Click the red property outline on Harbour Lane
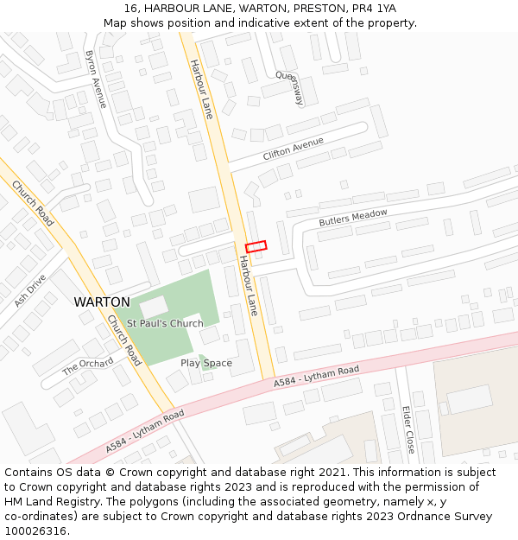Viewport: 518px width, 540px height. tap(256, 246)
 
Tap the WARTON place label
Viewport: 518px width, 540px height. tap(102, 302)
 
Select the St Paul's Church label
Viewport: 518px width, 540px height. tap(165, 323)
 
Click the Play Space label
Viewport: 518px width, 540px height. tap(206, 363)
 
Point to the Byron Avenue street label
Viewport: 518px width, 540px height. tap(96, 79)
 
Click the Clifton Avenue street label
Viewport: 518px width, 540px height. tap(294, 149)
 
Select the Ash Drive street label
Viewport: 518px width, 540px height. tap(30, 290)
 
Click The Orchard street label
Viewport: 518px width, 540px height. tap(87, 366)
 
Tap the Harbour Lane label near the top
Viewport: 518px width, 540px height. tap(200, 88)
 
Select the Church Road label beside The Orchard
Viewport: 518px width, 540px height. tap(124, 339)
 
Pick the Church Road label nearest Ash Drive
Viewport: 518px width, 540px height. tap(33, 204)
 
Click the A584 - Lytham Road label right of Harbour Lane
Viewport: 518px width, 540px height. tap(316, 377)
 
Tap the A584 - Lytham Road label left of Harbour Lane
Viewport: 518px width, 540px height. tap(145, 431)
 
